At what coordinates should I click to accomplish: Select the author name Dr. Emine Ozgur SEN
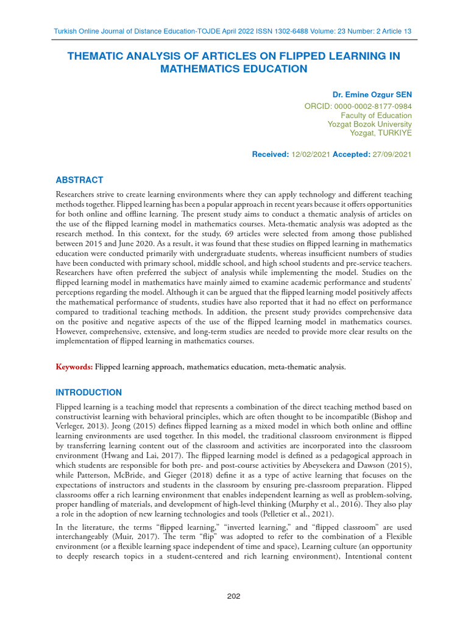click(x=372, y=96)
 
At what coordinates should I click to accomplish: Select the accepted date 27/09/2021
click(x=392, y=155)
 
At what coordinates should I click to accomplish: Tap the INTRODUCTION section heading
click(x=89, y=392)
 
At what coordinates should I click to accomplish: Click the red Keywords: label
click(x=74, y=367)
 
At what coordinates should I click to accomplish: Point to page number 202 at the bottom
click(x=234, y=596)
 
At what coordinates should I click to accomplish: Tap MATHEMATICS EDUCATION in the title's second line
click(x=234, y=69)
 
